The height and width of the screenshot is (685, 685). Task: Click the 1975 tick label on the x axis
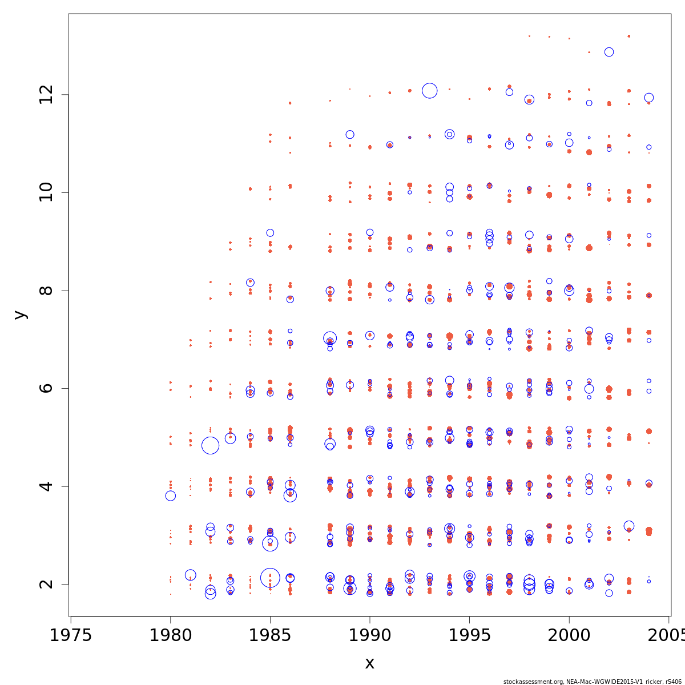71,635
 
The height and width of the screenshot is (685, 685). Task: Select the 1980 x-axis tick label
170,635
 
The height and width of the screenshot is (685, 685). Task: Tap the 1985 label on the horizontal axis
270,635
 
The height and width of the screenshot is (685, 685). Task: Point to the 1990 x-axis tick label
370,635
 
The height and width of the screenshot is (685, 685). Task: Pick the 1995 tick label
469,635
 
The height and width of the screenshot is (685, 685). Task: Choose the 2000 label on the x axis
569,635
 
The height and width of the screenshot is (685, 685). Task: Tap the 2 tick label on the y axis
47,584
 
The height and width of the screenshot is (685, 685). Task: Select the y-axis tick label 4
47,486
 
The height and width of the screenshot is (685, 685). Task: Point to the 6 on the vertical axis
47,388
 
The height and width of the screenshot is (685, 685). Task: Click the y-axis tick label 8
47,291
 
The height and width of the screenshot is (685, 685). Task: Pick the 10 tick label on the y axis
47,192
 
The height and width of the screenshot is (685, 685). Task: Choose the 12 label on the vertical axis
47,95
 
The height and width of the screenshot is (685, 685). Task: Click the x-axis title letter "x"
370,663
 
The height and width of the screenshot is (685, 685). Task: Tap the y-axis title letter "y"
21,315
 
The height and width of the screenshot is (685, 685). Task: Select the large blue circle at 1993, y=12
430,90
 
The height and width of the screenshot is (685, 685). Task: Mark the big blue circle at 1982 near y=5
210,445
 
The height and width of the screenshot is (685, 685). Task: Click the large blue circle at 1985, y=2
270,578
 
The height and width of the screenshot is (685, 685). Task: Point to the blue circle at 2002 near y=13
609,52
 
